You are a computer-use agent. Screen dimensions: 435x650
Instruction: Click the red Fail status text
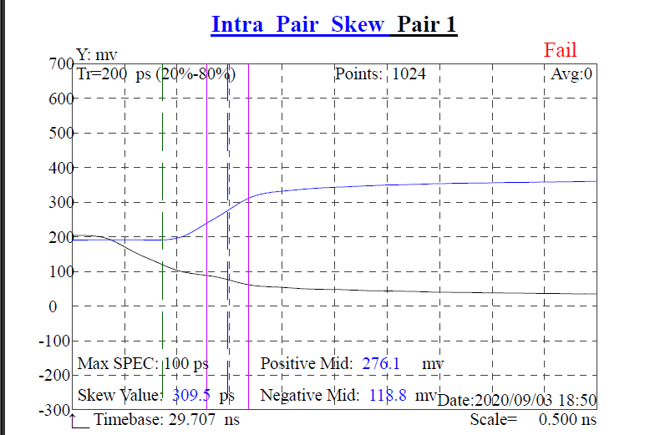560,50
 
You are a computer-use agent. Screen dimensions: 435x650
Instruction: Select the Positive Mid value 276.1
382,364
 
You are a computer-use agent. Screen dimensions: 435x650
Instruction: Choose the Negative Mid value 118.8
388,395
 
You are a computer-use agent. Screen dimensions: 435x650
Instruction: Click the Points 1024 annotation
380,74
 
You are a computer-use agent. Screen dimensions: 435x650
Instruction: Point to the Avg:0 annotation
572,74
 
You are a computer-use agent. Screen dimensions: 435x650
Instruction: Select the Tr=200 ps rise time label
155,74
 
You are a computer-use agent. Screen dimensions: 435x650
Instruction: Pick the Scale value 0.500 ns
568,419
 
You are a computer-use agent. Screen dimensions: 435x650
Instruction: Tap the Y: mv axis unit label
97,56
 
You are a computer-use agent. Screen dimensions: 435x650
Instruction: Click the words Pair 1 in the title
427,24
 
